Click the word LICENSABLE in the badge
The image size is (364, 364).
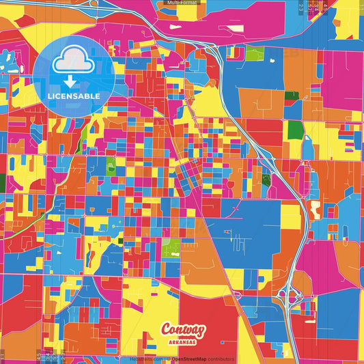click(74, 96)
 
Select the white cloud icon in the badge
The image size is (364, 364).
click(73, 63)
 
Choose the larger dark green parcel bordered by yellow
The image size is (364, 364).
click(296, 130)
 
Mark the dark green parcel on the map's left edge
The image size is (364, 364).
click(2, 182)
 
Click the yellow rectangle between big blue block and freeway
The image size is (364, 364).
click(291, 217)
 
